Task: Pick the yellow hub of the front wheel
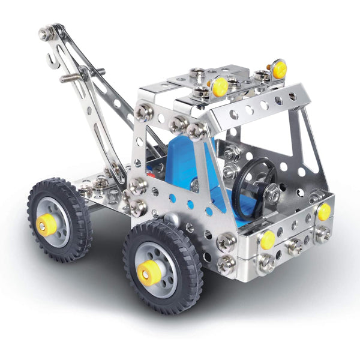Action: click(148, 274)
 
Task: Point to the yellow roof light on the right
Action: click(280, 69)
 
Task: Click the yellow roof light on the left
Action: click(220, 87)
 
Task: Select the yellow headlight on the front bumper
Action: click(268, 239)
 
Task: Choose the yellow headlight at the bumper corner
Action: click(324, 211)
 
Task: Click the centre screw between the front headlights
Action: click(295, 245)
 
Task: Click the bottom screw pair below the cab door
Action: click(226, 253)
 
